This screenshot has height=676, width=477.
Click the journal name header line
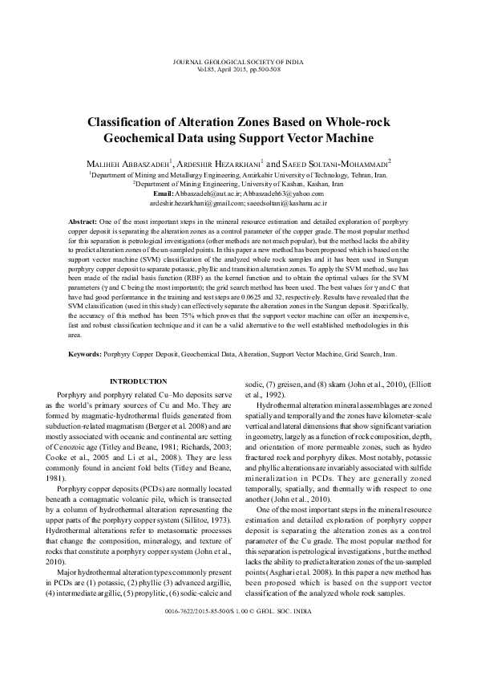[238, 62]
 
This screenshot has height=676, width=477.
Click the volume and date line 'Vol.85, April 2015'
[238, 70]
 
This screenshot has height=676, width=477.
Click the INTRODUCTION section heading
[138, 381]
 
